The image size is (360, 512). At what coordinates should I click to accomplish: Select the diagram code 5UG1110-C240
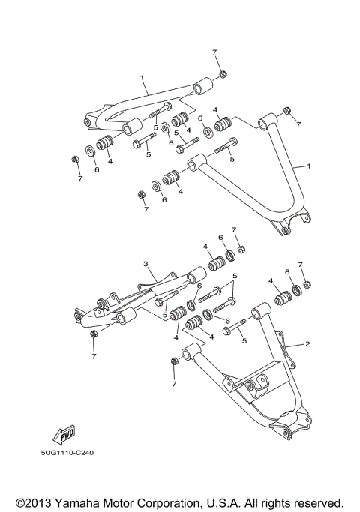click(67, 453)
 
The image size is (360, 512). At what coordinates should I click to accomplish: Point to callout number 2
click(307, 344)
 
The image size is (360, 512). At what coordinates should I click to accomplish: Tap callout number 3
click(146, 264)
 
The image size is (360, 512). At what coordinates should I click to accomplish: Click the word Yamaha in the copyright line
click(76, 503)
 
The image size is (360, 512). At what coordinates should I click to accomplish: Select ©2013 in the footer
click(34, 503)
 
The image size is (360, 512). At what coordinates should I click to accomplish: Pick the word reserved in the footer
click(316, 503)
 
